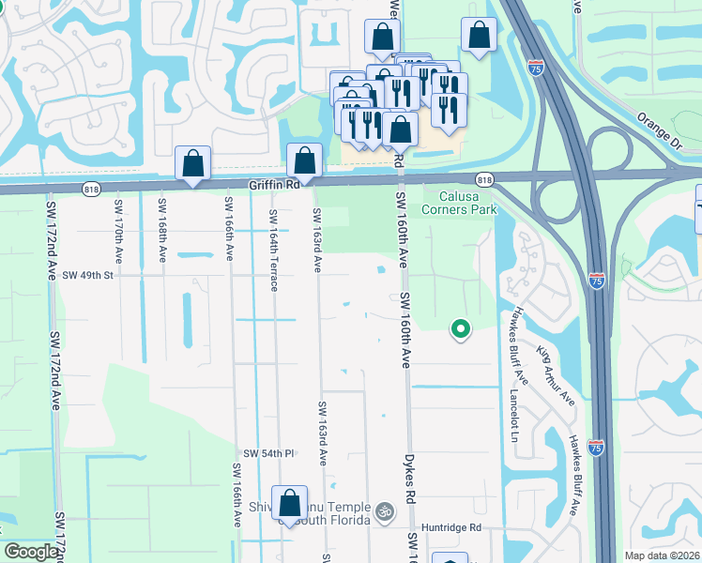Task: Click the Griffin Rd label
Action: coord(274,186)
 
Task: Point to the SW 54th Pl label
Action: coord(271,453)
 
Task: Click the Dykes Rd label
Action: coord(410,479)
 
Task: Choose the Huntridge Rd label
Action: coord(450,528)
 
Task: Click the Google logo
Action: coord(31,552)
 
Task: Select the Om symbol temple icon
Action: coord(382,512)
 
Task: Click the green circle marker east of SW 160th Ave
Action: coord(460,328)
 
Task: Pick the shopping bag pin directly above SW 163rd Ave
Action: coord(304,160)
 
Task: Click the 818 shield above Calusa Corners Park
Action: coord(484,179)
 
